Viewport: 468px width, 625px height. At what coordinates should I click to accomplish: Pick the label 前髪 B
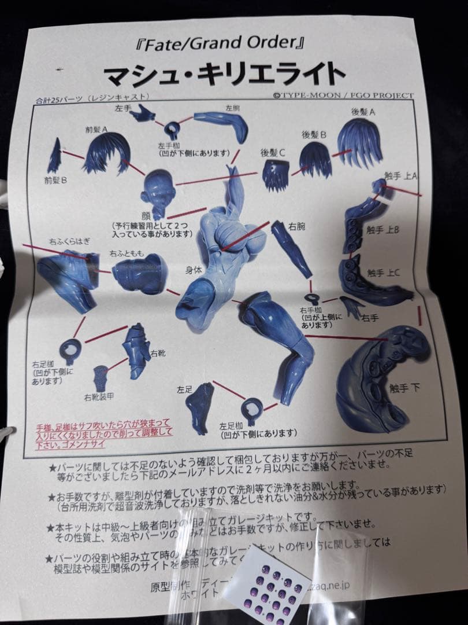[57, 181]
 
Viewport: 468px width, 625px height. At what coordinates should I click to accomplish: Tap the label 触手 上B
[383, 230]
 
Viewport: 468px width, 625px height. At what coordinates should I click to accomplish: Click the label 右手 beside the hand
[370, 317]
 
